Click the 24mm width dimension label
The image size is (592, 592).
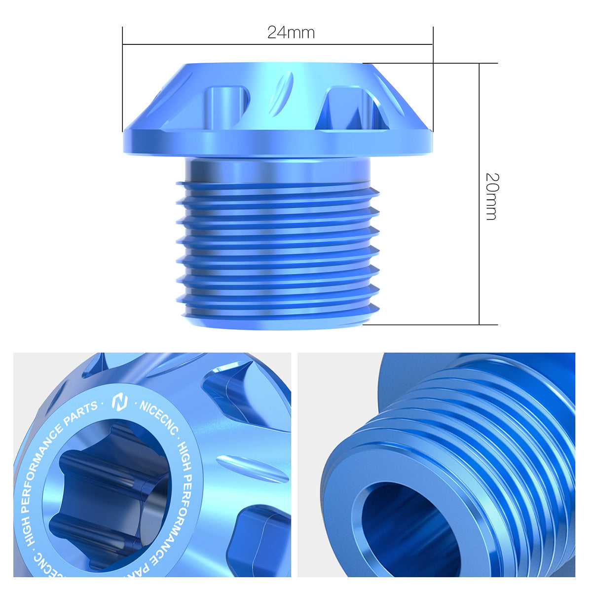[x=291, y=33]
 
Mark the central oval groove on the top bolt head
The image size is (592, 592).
[x=281, y=94]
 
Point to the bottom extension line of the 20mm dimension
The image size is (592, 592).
[x=429, y=325]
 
